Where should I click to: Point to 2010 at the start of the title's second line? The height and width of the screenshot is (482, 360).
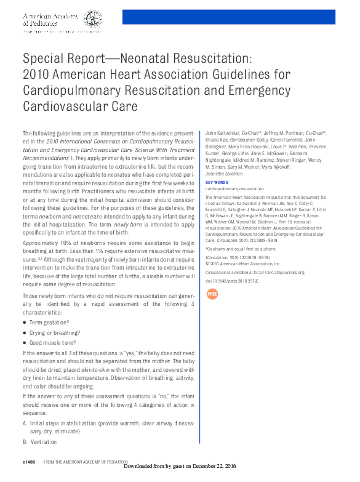36,75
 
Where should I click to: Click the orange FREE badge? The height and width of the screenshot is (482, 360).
212,294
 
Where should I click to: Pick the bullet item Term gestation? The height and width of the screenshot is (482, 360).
49,323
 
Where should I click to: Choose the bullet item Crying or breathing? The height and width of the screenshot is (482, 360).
54,332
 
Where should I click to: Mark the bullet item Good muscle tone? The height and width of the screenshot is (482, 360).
53,342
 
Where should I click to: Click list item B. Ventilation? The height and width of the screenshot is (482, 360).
39,442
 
